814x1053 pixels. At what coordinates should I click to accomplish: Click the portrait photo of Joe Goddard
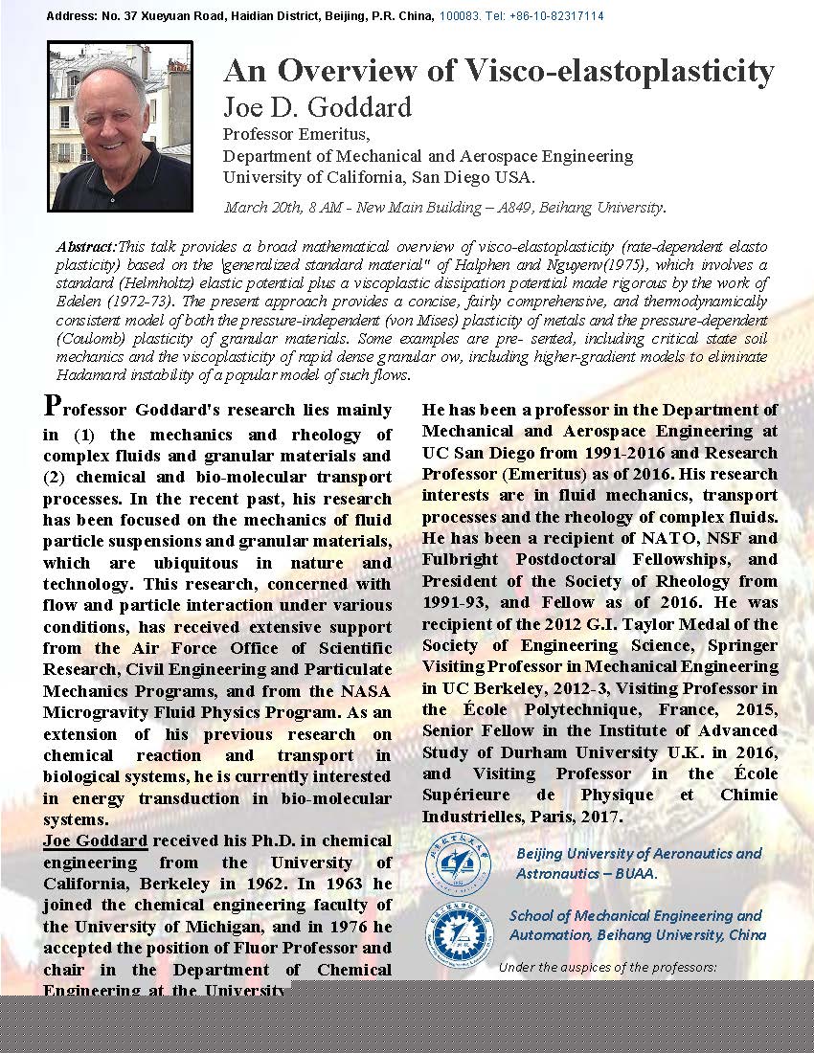point(121,126)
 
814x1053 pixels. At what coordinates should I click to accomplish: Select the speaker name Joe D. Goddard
point(317,107)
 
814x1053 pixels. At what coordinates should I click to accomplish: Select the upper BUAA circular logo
point(457,862)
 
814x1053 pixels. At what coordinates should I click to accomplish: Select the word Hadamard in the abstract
point(92,375)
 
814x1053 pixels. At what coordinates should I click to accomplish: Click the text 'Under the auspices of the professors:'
point(607,967)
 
